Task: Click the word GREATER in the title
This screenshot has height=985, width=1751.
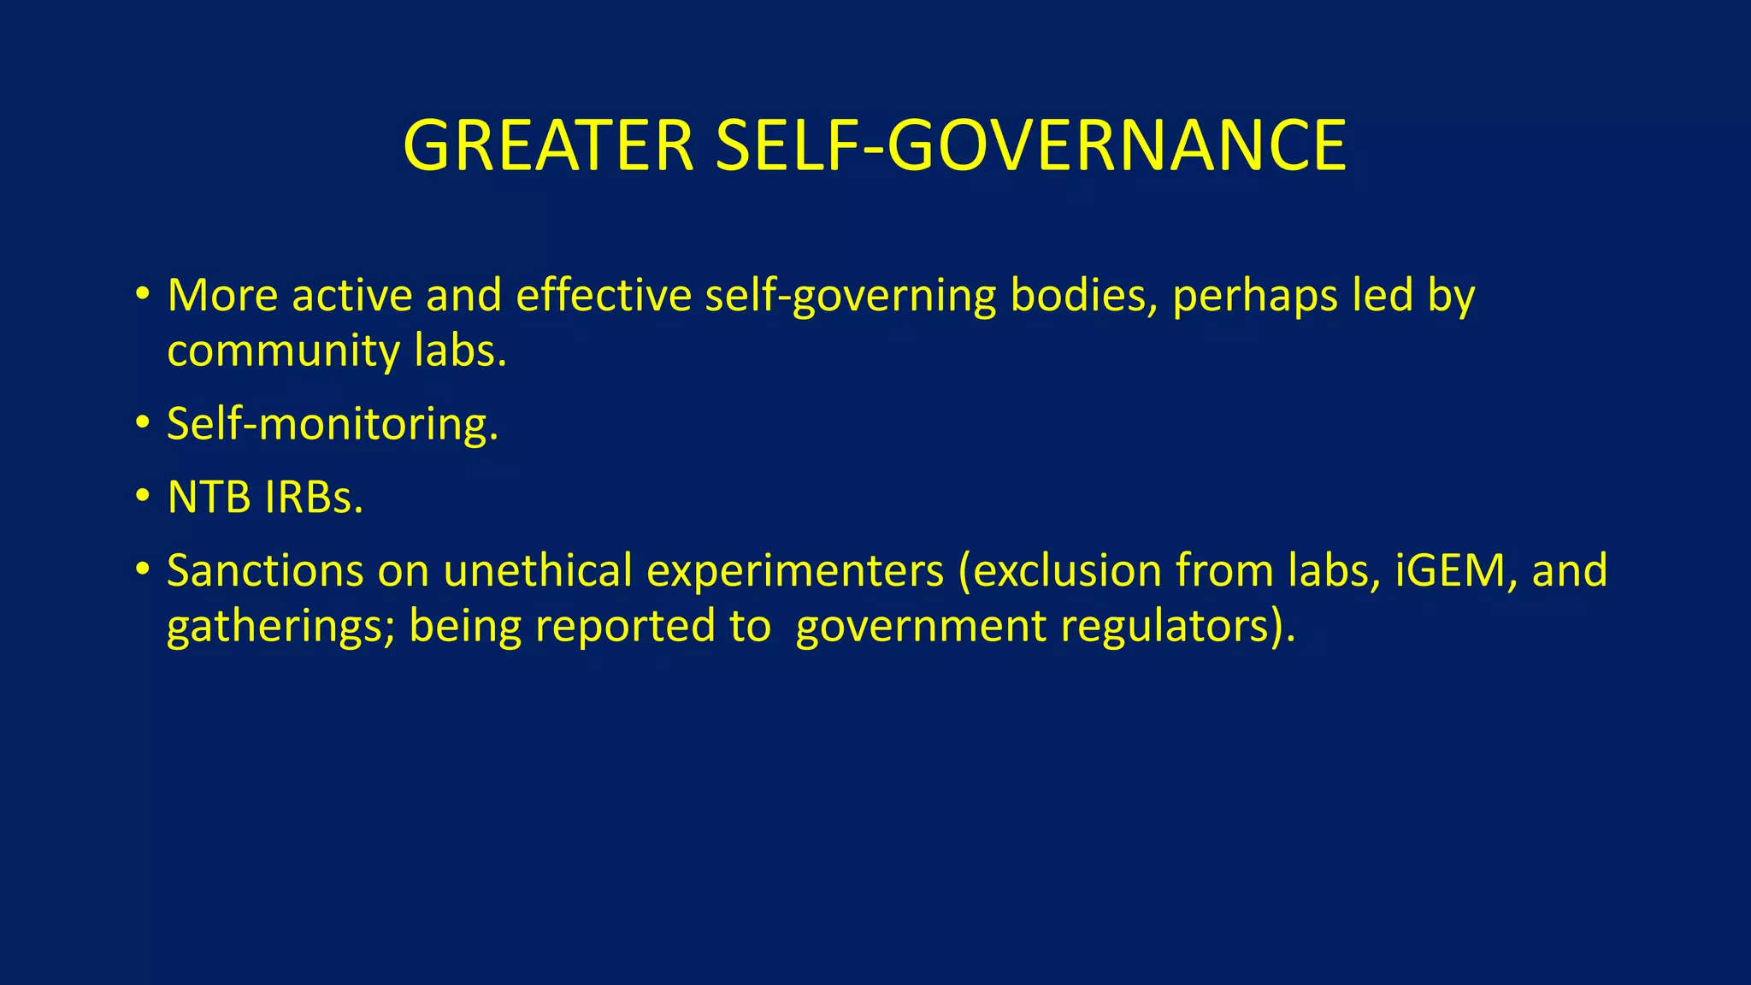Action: (x=547, y=145)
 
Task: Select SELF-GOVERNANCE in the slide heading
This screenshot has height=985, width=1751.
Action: (x=1030, y=145)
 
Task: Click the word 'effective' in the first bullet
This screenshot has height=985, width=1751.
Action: (x=604, y=296)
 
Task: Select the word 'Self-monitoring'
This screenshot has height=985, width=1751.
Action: (x=332, y=424)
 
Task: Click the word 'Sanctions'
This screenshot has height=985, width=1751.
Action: (x=265, y=570)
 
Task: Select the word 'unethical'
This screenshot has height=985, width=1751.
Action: (x=538, y=570)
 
